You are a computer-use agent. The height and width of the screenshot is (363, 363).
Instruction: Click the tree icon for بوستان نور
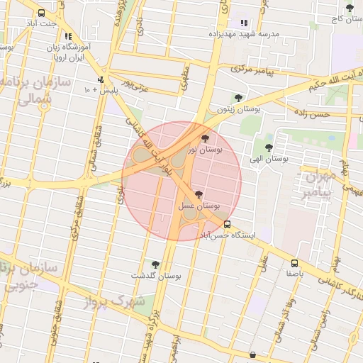(206, 138)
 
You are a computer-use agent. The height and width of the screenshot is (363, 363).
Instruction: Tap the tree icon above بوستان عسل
(198, 194)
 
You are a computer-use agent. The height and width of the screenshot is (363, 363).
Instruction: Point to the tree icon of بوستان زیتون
(238, 99)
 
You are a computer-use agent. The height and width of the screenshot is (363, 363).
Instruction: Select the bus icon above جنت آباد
(41, 13)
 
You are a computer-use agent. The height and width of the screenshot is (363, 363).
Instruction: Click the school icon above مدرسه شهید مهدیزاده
(245, 23)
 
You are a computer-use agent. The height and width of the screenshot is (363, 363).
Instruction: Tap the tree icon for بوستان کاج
(350, 8)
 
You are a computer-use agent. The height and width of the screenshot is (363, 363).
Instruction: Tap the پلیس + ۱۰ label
(98, 90)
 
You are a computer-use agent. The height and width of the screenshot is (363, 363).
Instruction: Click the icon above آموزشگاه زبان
(68, 36)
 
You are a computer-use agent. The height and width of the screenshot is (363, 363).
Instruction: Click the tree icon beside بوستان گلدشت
(155, 264)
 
